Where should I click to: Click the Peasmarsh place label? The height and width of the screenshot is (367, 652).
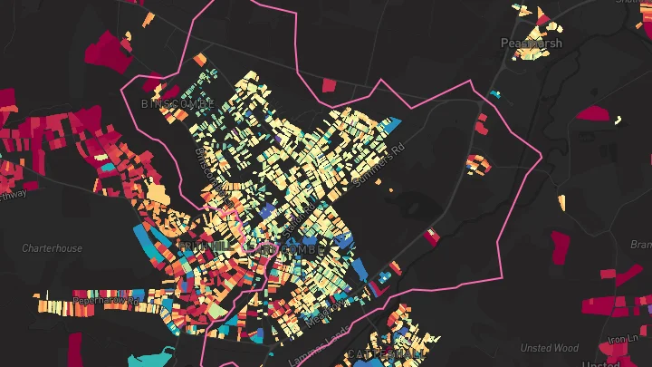point(532,43)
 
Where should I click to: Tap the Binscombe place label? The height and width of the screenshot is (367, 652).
point(177,103)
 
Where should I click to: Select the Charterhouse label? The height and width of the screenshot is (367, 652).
point(52,248)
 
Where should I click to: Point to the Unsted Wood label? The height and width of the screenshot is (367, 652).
point(549,348)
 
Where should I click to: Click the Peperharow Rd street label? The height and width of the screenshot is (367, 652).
point(108,300)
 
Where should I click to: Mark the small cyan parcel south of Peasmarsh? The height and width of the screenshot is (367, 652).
point(494,93)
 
